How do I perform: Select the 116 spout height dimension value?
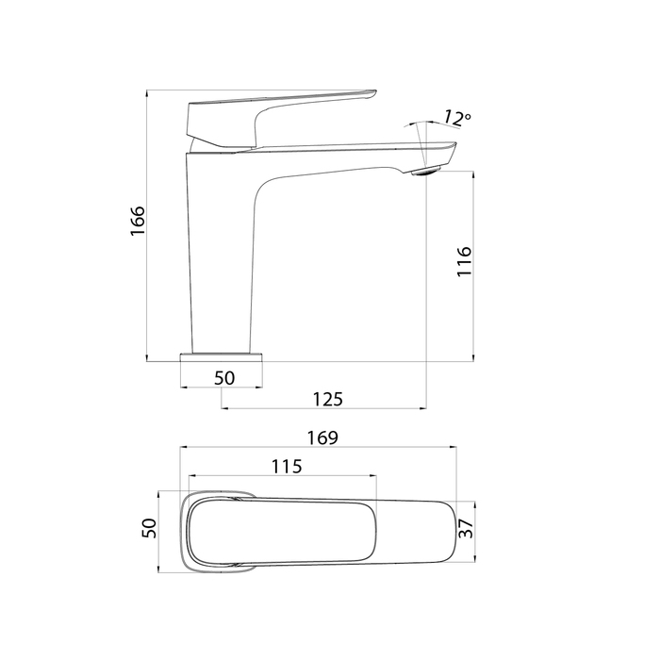click(x=463, y=261)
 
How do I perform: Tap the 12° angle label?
click(x=456, y=119)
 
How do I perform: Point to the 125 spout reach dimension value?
click(x=326, y=399)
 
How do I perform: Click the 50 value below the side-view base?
click(x=224, y=378)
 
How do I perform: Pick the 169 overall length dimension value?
click(x=322, y=438)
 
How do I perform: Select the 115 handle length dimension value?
click(x=286, y=466)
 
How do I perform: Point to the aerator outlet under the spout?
click(x=427, y=171)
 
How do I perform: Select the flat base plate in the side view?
click(x=222, y=357)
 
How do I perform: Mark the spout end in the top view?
click(x=434, y=532)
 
